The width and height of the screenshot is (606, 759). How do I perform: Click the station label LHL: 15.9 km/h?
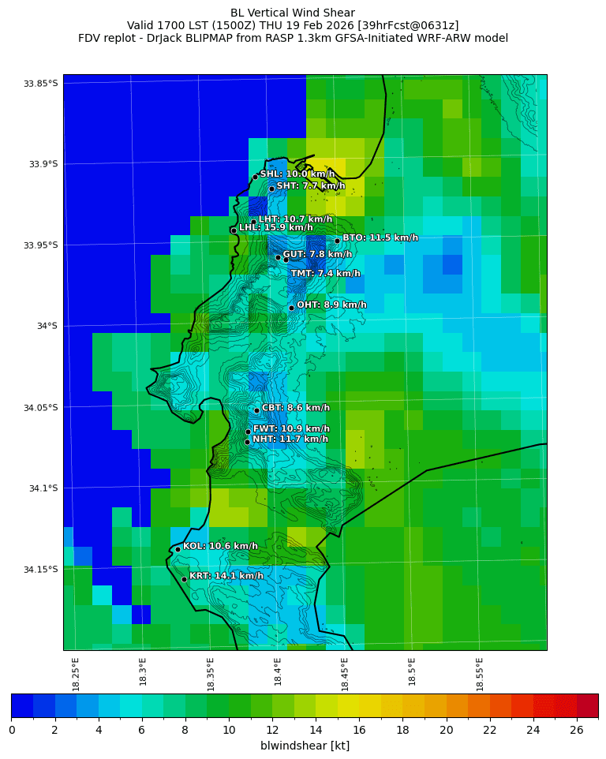pos(275,227)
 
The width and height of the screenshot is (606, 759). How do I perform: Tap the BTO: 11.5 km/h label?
pos(380,237)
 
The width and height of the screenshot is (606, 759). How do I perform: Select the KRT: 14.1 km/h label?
pos(226,576)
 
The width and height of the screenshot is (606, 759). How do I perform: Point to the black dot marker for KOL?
pos(178,549)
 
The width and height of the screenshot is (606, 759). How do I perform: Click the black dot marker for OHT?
pos(291,308)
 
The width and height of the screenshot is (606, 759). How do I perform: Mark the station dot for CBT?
pos(256,410)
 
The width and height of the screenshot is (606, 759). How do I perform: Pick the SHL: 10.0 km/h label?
pos(297,174)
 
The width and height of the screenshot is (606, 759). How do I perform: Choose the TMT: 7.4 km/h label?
pos(325,274)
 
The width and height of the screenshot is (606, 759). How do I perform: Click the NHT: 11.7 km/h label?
pos(290,439)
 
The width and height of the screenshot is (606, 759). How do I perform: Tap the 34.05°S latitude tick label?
pos(41,407)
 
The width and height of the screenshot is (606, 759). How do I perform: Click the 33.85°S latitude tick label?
pos(41,84)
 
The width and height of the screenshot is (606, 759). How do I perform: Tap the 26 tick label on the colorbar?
pos(577,729)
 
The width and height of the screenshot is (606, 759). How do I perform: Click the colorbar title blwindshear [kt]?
pos(305,746)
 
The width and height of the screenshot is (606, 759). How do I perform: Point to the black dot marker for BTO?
pos(337,241)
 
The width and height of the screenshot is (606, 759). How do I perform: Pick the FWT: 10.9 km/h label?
pos(290,428)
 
